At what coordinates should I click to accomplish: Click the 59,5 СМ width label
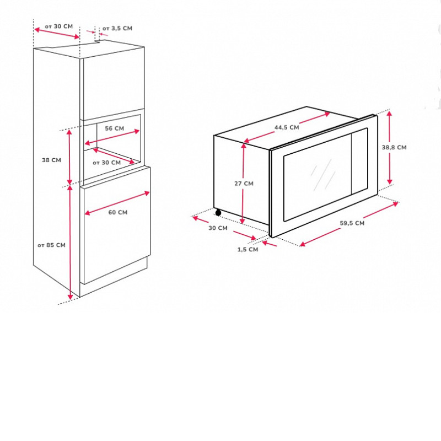point(352,223)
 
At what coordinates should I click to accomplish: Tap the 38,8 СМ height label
point(394,147)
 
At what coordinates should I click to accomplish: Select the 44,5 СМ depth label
point(287,127)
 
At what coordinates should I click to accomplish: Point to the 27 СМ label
point(244,184)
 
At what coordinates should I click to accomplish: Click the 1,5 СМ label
point(248,250)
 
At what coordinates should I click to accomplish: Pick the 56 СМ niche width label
point(115,128)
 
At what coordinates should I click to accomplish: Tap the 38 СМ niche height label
point(51,160)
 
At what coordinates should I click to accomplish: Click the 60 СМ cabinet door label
point(118,212)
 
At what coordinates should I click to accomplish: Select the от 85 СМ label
point(51,245)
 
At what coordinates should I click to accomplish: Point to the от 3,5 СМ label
point(117,28)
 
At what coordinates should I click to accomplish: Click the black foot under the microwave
point(218,213)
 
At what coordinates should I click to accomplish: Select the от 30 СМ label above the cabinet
point(59,26)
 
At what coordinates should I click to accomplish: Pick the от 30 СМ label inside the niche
point(106,163)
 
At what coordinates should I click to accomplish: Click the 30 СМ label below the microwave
point(218,228)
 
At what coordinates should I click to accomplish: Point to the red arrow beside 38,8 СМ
point(389,147)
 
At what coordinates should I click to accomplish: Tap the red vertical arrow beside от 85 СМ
point(70,243)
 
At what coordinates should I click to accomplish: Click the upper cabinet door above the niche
point(114,84)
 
